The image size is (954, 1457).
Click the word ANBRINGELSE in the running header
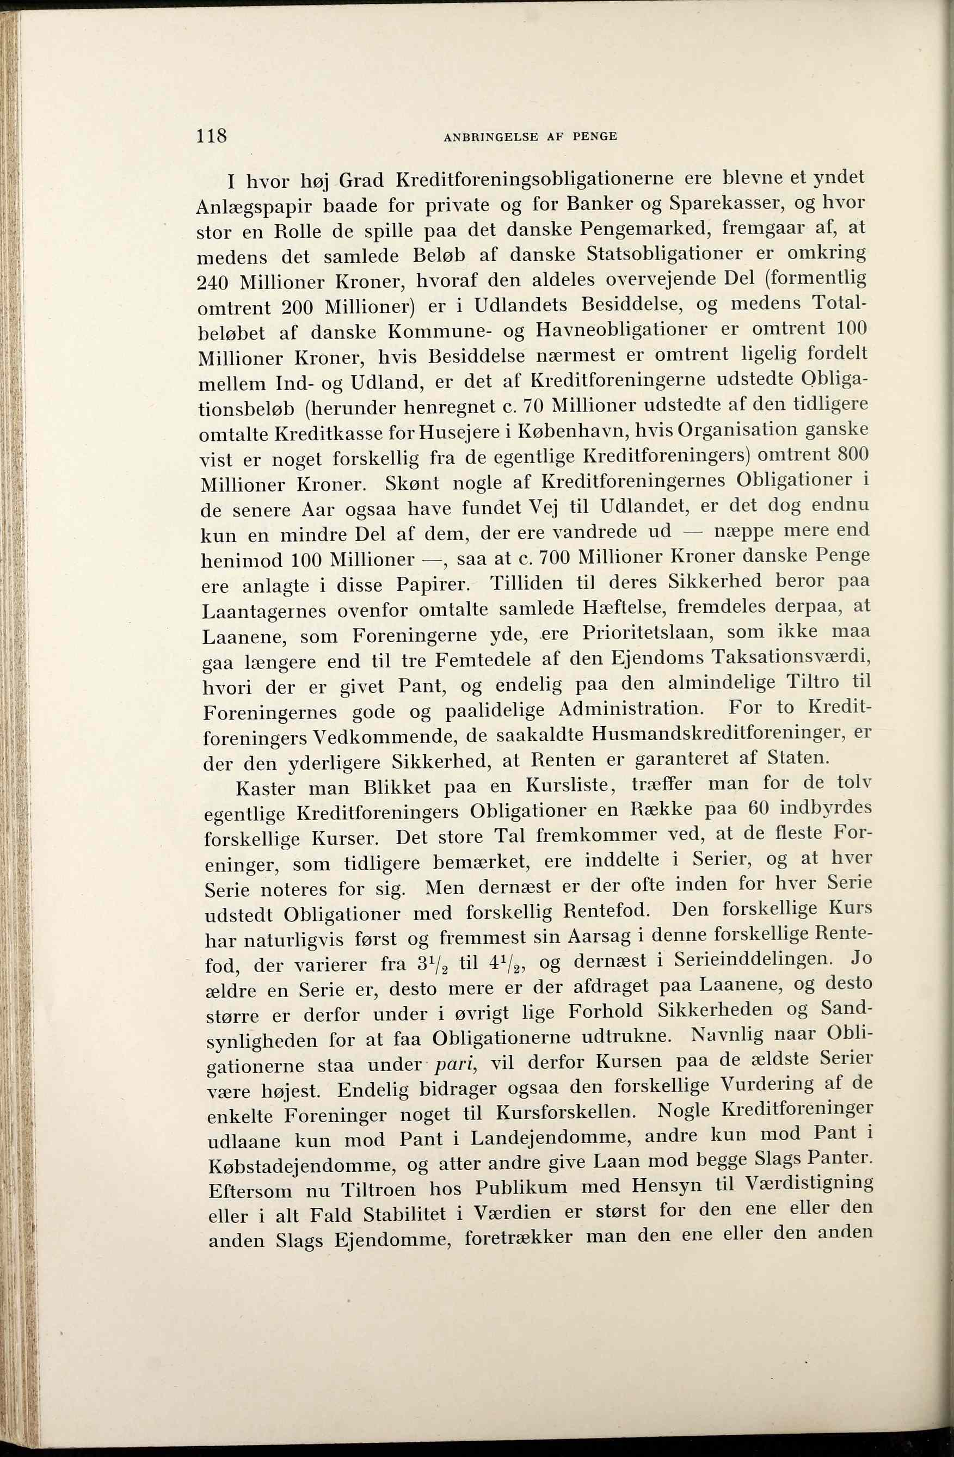click(x=490, y=137)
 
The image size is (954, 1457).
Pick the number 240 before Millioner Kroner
click(x=213, y=283)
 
